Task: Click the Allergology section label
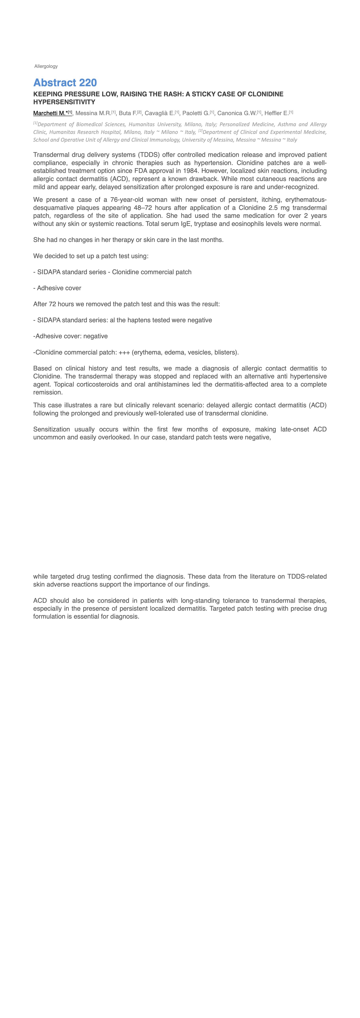(x=46, y=66)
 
